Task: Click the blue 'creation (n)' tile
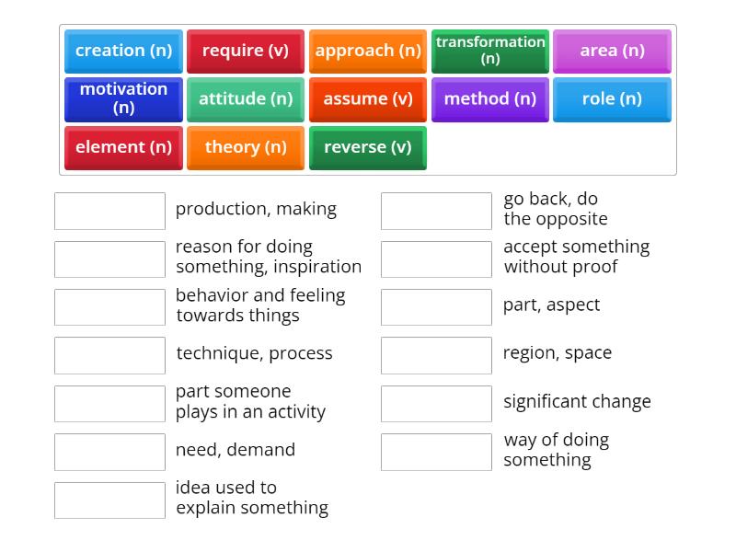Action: click(123, 51)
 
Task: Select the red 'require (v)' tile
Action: click(246, 51)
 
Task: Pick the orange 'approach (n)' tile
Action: click(368, 51)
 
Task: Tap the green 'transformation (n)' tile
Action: click(490, 51)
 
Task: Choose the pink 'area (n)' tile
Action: click(612, 51)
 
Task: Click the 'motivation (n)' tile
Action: click(123, 98)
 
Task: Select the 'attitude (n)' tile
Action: click(246, 98)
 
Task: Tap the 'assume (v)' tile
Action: click(368, 98)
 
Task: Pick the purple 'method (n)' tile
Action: click(490, 98)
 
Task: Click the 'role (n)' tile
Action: click(612, 98)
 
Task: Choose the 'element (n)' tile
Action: click(123, 147)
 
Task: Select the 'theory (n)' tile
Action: click(246, 147)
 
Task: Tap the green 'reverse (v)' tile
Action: click(368, 147)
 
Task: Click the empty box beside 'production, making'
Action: click(109, 211)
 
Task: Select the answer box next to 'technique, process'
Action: click(109, 355)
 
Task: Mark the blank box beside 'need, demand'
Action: click(109, 452)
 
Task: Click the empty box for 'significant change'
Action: click(436, 404)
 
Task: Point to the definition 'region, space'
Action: click(557, 353)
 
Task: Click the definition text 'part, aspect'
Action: click(551, 305)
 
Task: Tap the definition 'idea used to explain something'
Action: click(251, 498)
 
